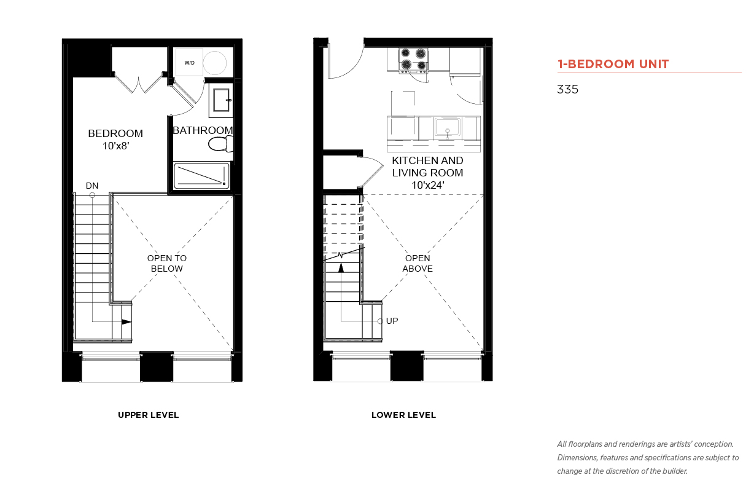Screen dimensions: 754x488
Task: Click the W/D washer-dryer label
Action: click(x=189, y=63)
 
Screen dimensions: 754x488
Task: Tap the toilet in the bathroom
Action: click(x=221, y=144)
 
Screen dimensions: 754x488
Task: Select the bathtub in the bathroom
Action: click(x=201, y=176)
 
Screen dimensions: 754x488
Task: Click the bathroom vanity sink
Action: click(x=222, y=100)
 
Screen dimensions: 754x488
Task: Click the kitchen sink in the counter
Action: click(x=448, y=127)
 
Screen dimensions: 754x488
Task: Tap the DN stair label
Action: click(x=92, y=186)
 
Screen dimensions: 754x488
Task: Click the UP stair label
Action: click(x=392, y=321)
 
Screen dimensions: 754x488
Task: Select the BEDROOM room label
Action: click(x=115, y=133)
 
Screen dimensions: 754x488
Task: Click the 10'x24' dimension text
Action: click(x=428, y=185)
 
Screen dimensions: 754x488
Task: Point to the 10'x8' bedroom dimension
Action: click(x=116, y=146)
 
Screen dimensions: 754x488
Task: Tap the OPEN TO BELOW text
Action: click(x=167, y=263)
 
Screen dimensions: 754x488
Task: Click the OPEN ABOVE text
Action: click(x=418, y=263)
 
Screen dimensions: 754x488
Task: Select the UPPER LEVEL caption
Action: click(x=148, y=415)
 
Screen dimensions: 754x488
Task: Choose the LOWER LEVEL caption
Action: click(x=403, y=415)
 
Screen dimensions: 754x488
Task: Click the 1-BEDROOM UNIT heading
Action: click(x=613, y=64)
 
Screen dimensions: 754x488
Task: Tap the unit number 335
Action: click(x=567, y=89)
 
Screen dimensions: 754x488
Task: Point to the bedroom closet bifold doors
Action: click(x=139, y=82)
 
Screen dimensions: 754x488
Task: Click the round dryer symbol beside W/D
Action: click(x=215, y=63)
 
